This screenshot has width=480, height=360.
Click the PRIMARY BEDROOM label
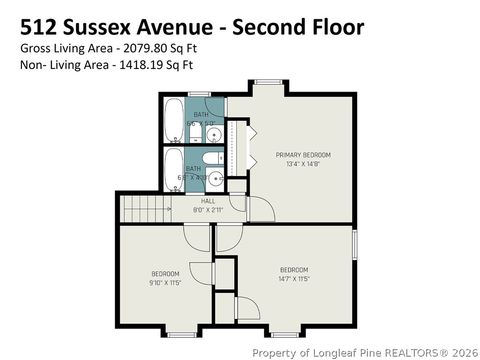point(303,155)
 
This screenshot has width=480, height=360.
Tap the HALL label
point(207,200)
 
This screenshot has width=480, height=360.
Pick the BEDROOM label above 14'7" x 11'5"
point(293,270)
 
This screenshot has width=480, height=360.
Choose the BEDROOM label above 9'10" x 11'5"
point(165,273)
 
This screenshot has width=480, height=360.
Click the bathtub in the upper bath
point(172,120)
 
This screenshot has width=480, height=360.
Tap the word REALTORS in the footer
point(401,352)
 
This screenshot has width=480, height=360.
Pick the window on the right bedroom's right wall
point(355,245)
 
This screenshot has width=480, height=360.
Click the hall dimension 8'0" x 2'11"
point(207,210)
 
